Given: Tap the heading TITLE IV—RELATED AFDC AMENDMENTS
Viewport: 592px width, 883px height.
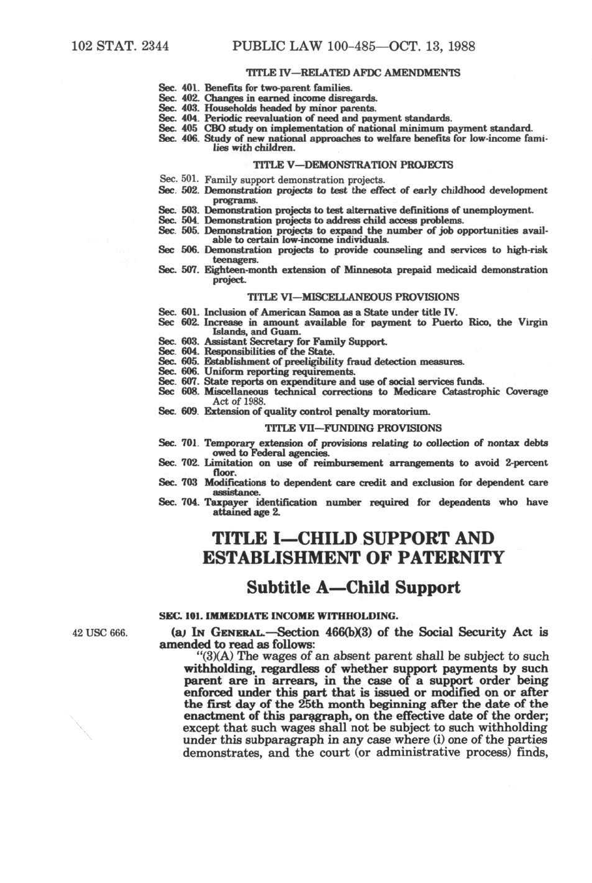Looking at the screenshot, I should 353,72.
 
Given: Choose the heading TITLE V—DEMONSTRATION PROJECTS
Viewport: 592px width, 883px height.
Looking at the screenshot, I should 353,165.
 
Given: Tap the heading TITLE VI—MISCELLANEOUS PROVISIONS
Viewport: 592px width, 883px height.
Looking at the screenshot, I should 353,297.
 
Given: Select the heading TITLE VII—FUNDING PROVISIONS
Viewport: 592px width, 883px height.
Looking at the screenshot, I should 353,428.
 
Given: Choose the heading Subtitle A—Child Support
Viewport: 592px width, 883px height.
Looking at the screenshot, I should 353,587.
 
